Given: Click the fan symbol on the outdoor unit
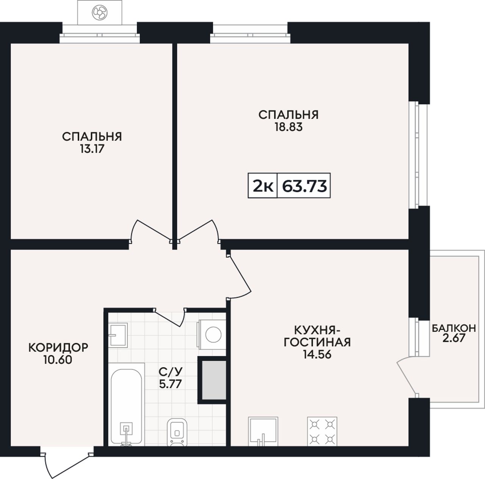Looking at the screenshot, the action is pos(100,13).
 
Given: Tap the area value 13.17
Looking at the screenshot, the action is pos(92,149).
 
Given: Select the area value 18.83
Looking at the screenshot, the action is pos(288,127).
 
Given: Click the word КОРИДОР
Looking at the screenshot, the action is pos(58,348).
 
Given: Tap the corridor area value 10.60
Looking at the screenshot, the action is pos(58,360).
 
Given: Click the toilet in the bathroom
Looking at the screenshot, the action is pos(177,432).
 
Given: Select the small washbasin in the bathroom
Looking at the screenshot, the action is pos(118,335).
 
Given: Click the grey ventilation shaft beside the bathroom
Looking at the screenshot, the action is pos(213,380).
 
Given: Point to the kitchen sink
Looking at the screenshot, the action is pos(263,431).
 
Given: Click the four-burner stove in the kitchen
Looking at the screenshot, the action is pos(322,432).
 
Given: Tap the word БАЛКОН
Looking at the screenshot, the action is pos(454,328).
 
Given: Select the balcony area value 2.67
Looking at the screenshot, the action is pos(454,338).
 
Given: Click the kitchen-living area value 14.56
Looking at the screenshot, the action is pos(317,355).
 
